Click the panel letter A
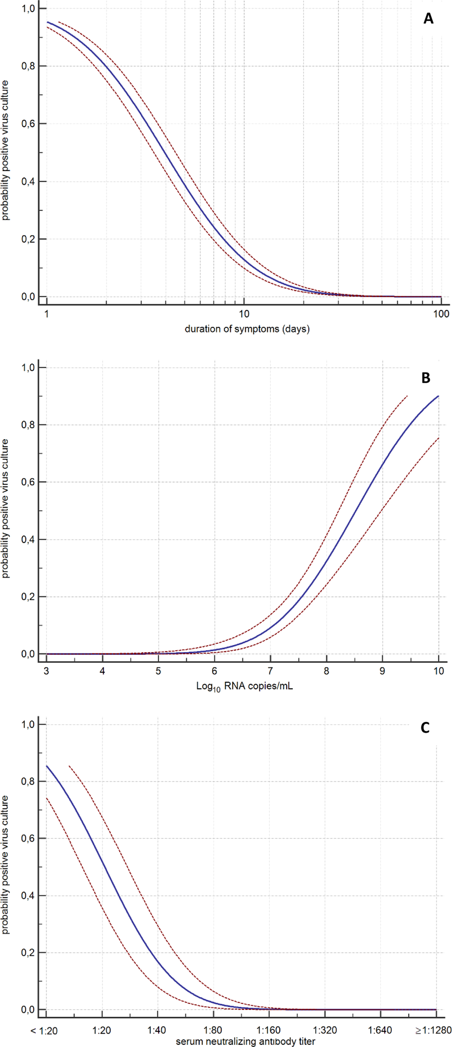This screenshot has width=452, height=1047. coord(428,19)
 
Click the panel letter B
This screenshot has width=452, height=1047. coord(426,378)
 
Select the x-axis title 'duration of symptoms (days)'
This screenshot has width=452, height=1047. coord(247,329)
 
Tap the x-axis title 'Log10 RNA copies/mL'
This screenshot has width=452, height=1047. coord(244,686)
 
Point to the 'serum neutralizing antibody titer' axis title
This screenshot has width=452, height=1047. coord(245,1042)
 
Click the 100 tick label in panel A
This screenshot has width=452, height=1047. coord(441,314)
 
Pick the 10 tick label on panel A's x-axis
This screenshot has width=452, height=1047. coord(244,314)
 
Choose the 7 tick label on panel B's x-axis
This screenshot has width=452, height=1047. coord(270,671)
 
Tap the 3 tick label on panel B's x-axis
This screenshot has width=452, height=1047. coord(47,671)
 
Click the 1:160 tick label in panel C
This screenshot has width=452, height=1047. coord(269,1031)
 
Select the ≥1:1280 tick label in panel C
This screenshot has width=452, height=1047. coord(433,1031)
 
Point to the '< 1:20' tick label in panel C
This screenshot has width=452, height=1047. coord(44,1031)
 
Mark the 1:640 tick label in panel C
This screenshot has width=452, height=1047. coord(380,1031)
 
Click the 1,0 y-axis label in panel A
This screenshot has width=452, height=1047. coord(28,9)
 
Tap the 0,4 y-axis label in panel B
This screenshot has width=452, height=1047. coord(28,540)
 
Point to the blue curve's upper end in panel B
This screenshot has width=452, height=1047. coord(438,396)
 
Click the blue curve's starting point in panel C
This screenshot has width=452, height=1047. coord(47,766)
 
